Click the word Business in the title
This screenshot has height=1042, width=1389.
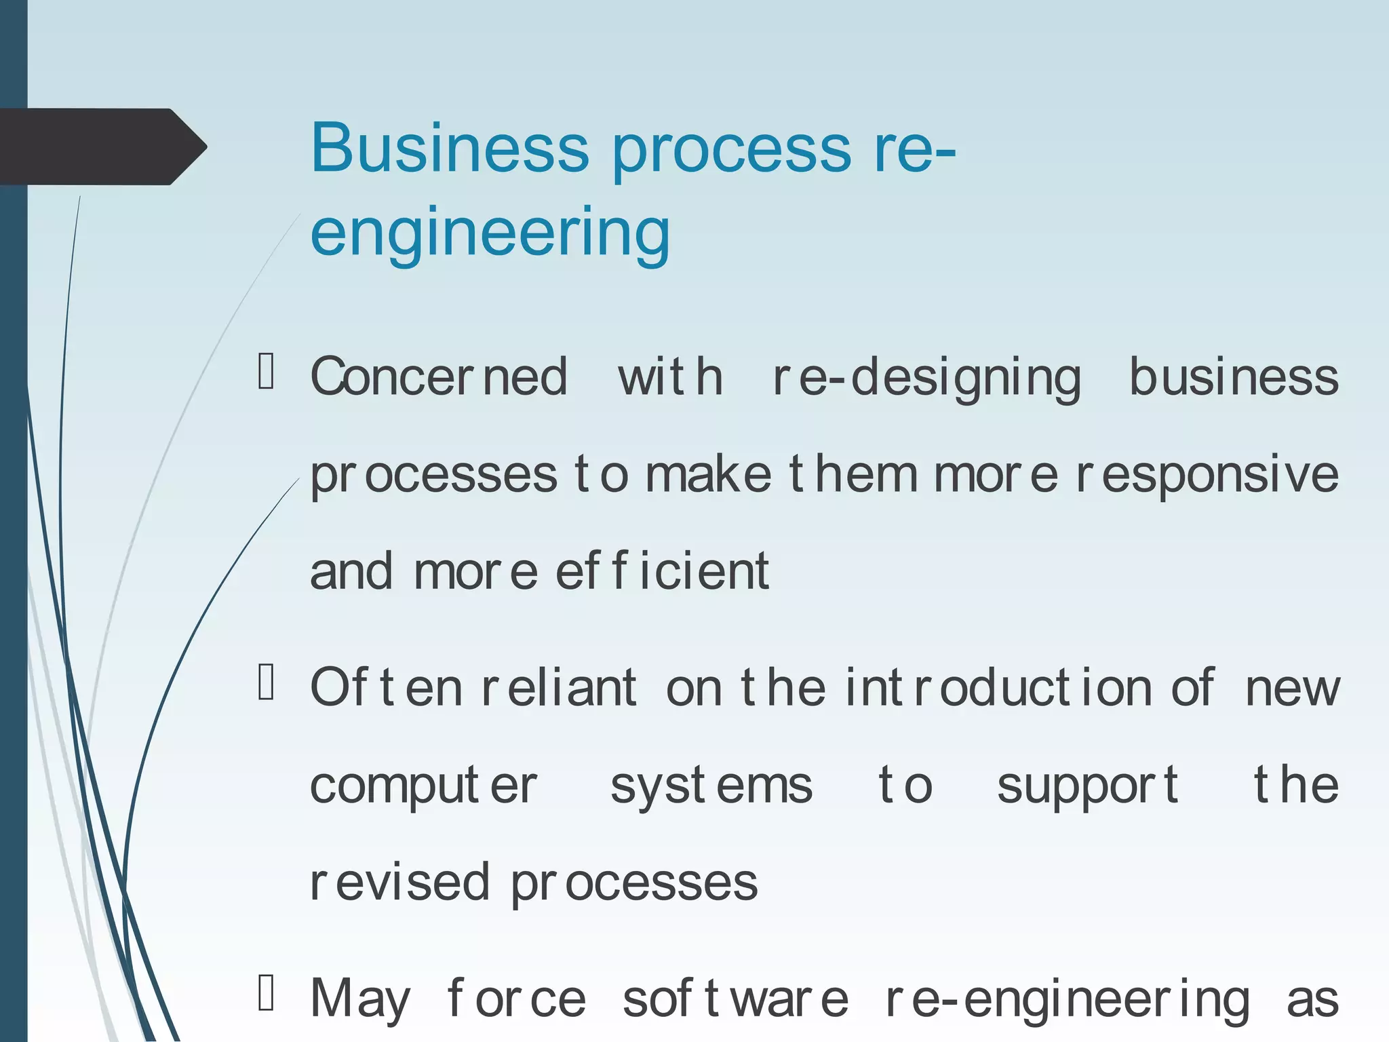[450, 148]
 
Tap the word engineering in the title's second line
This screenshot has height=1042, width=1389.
[490, 232]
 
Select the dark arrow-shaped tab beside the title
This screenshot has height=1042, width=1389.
[102, 147]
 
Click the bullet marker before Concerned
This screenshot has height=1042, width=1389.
[266, 371]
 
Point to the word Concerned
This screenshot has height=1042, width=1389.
[439, 377]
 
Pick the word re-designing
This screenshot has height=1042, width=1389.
[926, 379]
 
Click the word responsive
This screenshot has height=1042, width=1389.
[1207, 474]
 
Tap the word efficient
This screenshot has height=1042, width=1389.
[662, 571]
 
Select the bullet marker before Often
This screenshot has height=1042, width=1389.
[266, 682]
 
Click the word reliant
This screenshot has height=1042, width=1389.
[559, 688]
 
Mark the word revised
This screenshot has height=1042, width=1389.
[399, 883]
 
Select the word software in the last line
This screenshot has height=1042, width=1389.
[735, 1000]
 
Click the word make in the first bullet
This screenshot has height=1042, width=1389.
[708, 474]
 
